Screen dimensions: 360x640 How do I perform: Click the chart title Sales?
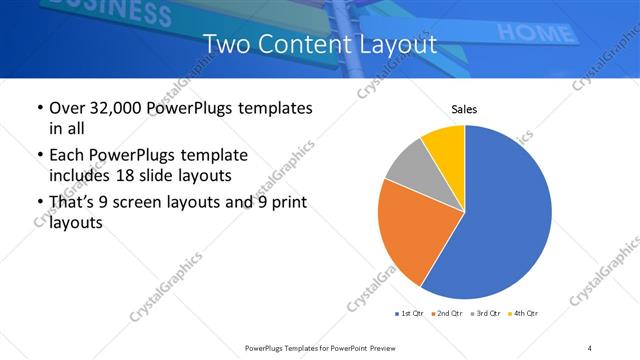pyautogui.click(x=464, y=109)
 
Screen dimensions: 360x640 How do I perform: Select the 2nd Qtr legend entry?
pyautogui.click(x=445, y=314)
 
